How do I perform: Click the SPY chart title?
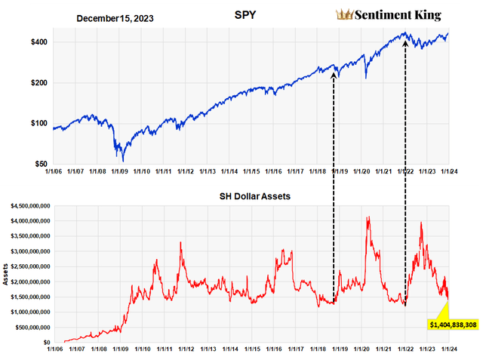click(x=255, y=15)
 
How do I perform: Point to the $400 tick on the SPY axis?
click(x=39, y=42)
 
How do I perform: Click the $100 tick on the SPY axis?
click(x=39, y=124)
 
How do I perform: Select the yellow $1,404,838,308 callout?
click(x=451, y=324)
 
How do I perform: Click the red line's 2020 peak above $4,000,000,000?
click(x=368, y=217)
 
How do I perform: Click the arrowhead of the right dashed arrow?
click(x=406, y=42)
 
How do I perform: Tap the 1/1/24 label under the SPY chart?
click(x=449, y=173)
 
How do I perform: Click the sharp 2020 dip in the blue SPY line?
click(x=366, y=78)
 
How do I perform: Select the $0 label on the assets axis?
click(x=45, y=342)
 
